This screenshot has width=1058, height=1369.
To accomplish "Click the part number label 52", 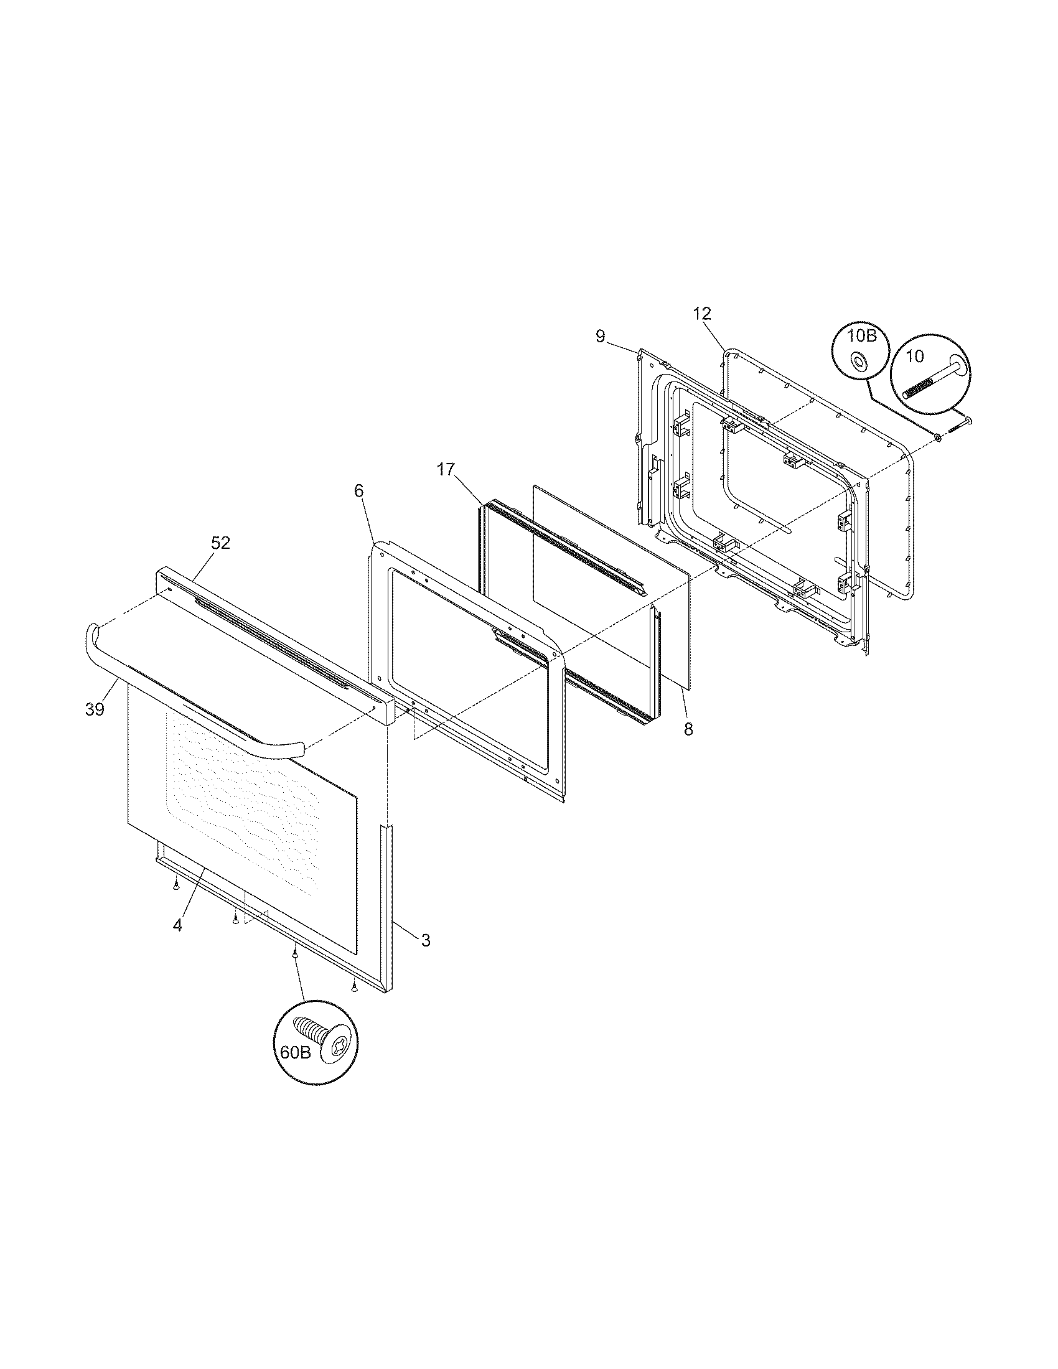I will pos(220,543).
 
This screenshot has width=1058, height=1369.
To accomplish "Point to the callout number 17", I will pos(446,469).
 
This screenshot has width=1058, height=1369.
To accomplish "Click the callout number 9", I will pos(601,337).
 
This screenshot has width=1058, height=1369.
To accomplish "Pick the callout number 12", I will pos(702,314).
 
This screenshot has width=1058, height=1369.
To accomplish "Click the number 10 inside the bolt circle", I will pos(914,357).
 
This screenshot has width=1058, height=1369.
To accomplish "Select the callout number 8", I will pos(689,730).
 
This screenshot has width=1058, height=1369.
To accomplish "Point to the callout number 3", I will pos(426,958).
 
